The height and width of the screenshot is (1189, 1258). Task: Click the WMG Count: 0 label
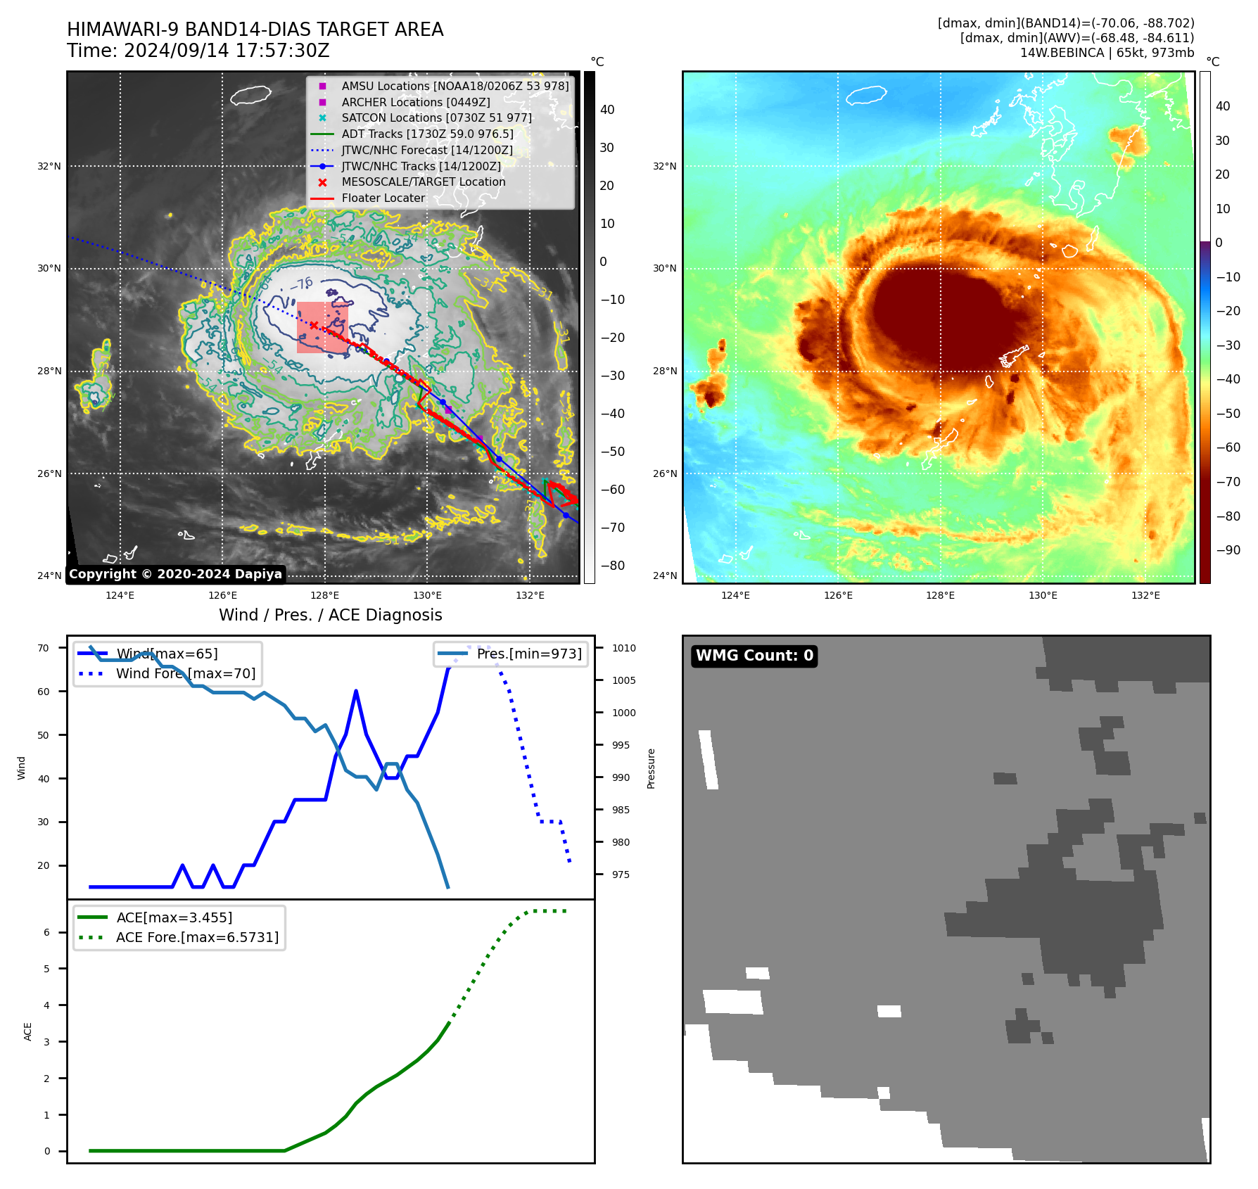pos(754,656)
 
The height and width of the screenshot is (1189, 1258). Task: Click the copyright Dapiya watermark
pos(175,574)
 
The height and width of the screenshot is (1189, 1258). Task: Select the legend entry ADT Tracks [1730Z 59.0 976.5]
pos(427,134)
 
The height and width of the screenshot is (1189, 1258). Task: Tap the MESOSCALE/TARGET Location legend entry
pos(423,182)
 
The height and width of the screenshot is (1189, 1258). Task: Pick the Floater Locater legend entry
pos(383,198)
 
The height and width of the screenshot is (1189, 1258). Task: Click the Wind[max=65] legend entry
pos(167,654)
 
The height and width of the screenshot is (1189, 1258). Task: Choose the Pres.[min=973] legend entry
pos(528,654)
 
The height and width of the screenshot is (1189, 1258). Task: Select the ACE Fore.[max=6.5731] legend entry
pos(197,937)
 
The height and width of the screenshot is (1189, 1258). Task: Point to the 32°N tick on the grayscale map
pos(49,167)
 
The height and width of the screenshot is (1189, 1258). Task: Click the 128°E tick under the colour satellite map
pos(940,595)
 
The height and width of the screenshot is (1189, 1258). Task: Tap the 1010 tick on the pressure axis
pos(623,648)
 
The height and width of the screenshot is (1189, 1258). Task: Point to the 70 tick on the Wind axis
pos(44,648)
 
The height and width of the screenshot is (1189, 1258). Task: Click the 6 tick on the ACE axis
pos(46,932)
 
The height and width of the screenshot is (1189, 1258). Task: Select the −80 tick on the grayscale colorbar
pos(612,566)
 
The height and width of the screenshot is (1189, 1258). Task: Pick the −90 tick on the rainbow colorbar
pos(1228,550)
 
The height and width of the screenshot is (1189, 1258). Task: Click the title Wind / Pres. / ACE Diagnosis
pos(330,615)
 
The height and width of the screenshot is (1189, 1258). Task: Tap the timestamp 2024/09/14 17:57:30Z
pos(226,51)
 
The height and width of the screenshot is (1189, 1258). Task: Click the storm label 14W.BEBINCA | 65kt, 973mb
pos(1107,53)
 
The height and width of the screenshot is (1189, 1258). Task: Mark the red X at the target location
pos(314,325)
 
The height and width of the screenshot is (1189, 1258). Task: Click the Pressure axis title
pos(651,768)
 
